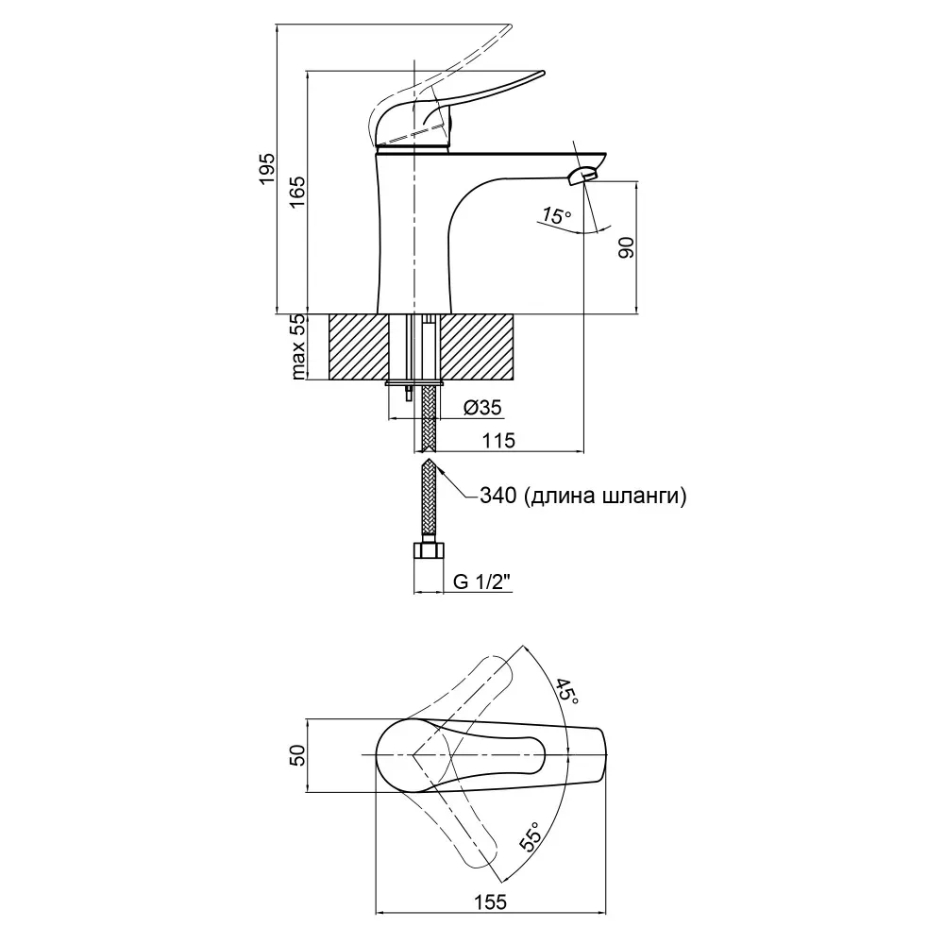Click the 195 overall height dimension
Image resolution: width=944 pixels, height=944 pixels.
click(x=267, y=169)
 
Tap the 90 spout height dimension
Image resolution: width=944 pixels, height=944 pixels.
click(x=624, y=247)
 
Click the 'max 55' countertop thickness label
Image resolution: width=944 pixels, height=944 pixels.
click(x=298, y=346)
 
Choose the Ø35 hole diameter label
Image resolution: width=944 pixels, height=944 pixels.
click(x=482, y=408)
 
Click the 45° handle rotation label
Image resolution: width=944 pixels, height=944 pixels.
click(x=565, y=692)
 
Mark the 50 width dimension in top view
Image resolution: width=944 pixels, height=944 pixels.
click(x=296, y=755)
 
